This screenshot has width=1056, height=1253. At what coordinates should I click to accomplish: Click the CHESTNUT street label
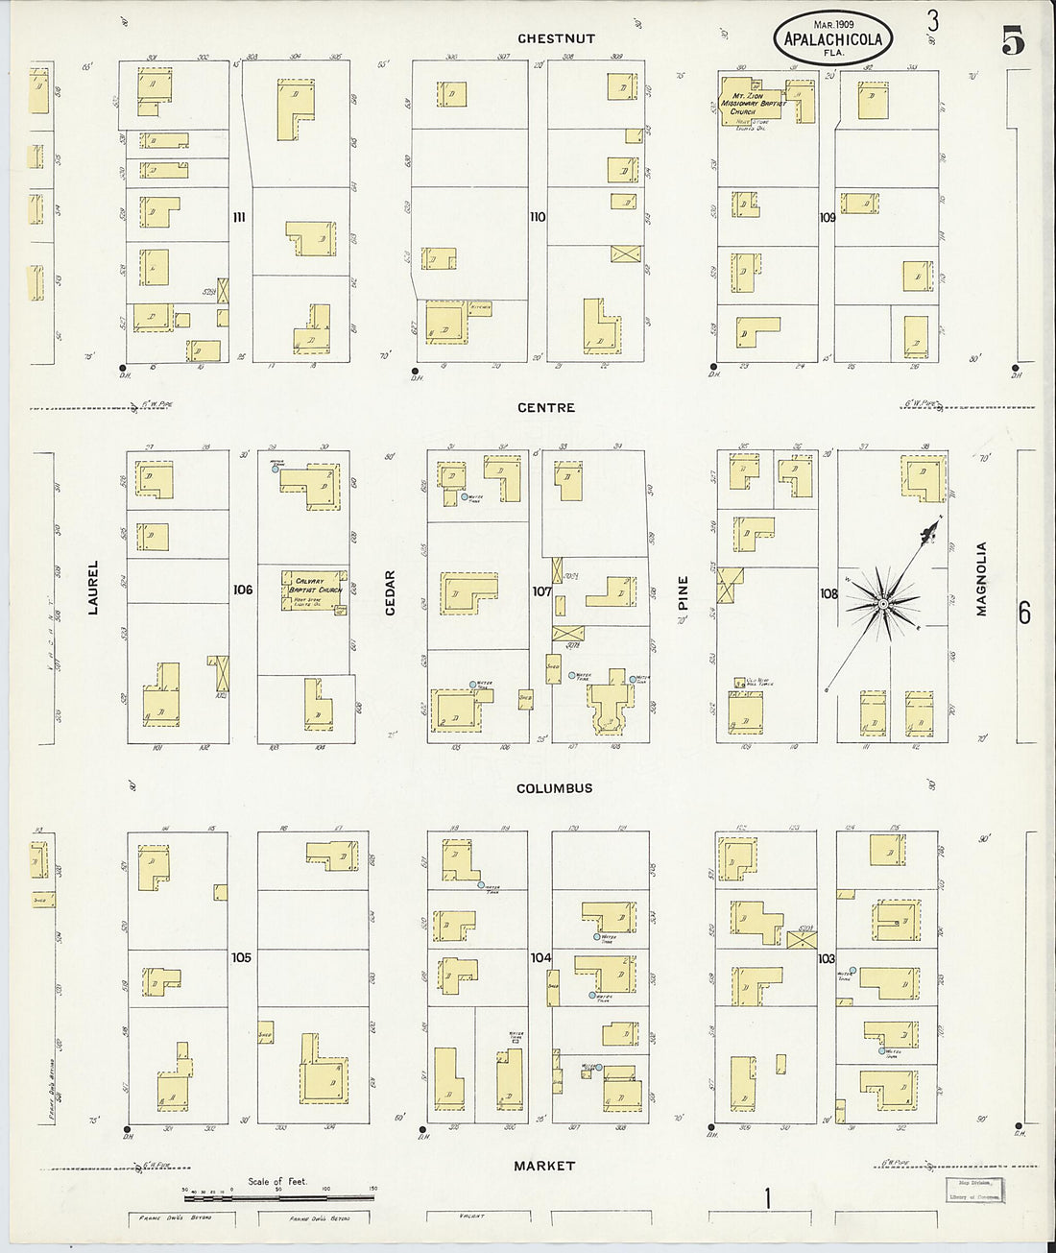pyautogui.click(x=556, y=38)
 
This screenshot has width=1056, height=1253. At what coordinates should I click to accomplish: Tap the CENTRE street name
pyautogui.click(x=546, y=407)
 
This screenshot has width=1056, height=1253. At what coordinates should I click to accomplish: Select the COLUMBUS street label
pyautogui.click(x=554, y=788)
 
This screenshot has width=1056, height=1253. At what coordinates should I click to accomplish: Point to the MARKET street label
pyautogui.click(x=544, y=1166)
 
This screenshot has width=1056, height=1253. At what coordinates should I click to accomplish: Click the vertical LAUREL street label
pyautogui.click(x=94, y=588)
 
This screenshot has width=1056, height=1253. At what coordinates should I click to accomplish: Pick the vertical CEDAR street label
pyautogui.click(x=391, y=593)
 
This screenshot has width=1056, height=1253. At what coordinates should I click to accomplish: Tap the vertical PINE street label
pyautogui.click(x=684, y=594)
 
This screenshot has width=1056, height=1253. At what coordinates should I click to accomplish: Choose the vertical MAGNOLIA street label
pyautogui.click(x=982, y=578)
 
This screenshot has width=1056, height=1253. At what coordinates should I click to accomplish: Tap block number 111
pyautogui.click(x=239, y=217)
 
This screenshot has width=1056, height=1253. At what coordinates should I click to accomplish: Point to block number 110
pyautogui.click(x=538, y=217)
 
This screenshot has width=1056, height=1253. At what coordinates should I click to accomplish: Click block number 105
pyautogui.click(x=241, y=957)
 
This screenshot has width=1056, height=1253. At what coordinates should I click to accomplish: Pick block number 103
pyautogui.click(x=827, y=958)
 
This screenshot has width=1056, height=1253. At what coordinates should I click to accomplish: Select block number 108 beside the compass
pyautogui.click(x=828, y=594)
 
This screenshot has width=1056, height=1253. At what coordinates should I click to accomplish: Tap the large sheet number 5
pyautogui.click(x=1013, y=43)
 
